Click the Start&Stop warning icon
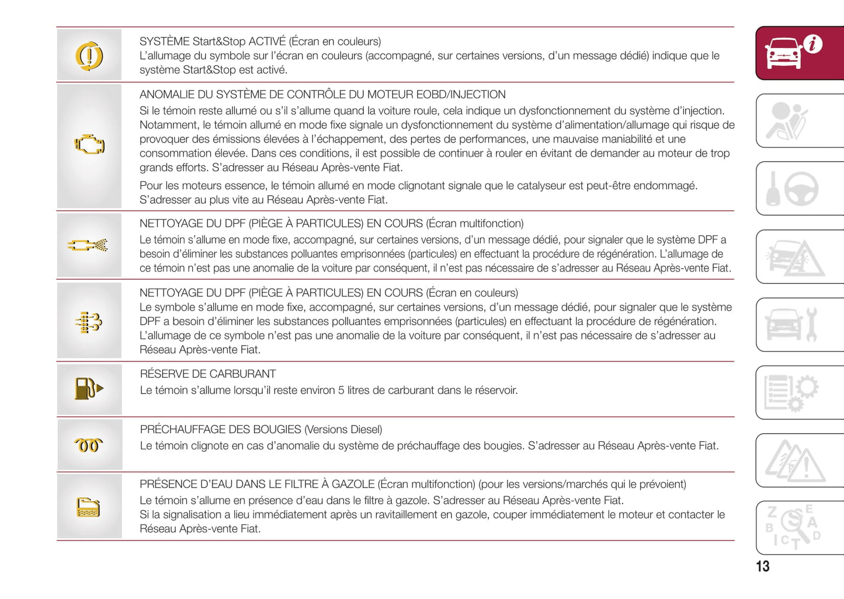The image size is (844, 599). [x=89, y=56]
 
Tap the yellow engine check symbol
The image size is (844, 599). [x=89, y=145]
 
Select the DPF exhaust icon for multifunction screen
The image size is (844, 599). [x=88, y=245]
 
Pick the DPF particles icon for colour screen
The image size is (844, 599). [x=89, y=322]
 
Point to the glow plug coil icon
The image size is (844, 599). [x=89, y=445]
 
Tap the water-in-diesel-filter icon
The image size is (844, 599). [x=89, y=507]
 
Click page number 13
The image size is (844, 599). [x=762, y=566]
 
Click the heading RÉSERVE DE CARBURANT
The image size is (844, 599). [x=207, y=374]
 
